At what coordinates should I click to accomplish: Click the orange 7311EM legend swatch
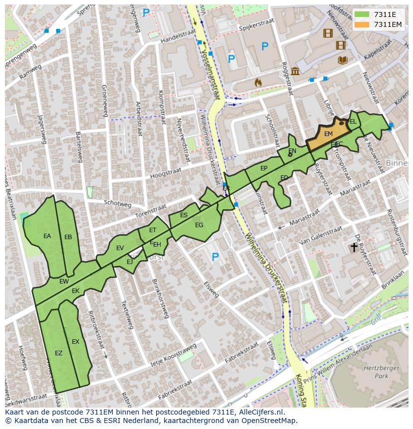click(362, 24)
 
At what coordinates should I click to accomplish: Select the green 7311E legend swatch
click(362, 14)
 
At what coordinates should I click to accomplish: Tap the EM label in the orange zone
click(328, 134)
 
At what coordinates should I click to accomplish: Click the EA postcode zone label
click(47, 236)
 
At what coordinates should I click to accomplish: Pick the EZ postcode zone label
click(58, 353)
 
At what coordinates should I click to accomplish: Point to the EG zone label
click(199, 225)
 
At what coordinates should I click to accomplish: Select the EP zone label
click(264, 168)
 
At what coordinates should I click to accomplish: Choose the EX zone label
click(75, 342)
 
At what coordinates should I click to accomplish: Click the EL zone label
click(353, 122)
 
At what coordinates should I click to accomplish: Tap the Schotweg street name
click(117, 204)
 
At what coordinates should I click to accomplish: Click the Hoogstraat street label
click(165, 173)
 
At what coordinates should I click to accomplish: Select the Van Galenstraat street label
click(320, 234)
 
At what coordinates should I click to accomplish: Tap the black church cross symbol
click(354, 247)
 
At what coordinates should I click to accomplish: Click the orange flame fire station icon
click(258, 82)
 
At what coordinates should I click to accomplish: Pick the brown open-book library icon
click(342, 60)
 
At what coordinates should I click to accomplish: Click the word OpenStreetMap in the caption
click(267, 421)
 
